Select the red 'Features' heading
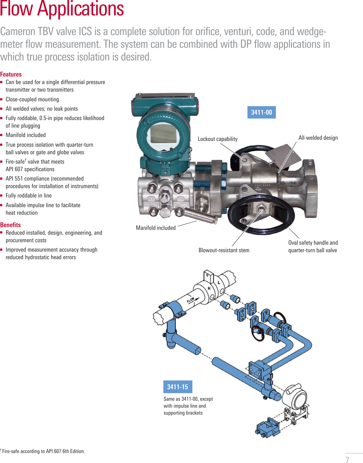pyautogui.click(x=11, y=74)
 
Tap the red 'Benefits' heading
pyautogui.click(x=11, y=225)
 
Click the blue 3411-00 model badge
pyautogui.click(x=261, y=112)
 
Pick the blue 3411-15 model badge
pyautogui.click(x=178, y=387)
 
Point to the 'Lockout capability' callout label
pyautogui.click(x=217, y=139)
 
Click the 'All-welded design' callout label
pyautogui.click(x=318, y=138)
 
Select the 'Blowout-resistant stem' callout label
pyautogui.click(x=224, y=250)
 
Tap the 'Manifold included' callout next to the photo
pyautogui.click(x=155, y=228)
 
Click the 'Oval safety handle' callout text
pyautogui.click(x=313, y=243)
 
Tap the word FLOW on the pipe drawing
pyautogui.click(x=191, y=300)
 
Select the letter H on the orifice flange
pyautogui.click(x=209, y=289)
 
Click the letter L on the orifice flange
pyautogui.click(x=219, y=282)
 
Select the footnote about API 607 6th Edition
pyautogui.click(x=43, y=451)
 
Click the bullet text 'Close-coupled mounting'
pyautogui.click(x=32, y=99)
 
